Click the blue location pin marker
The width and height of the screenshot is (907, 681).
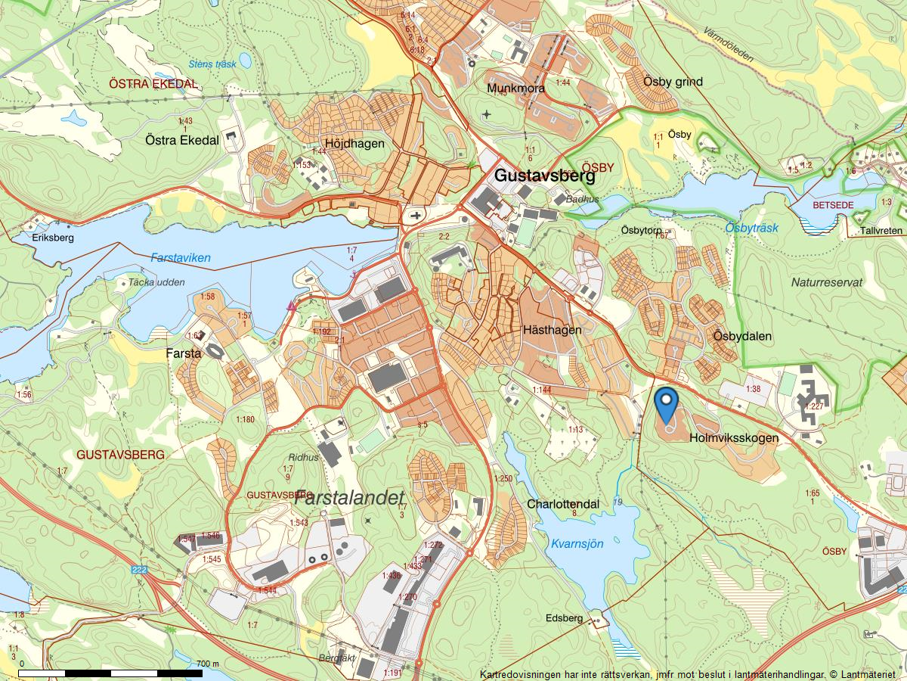(x=666, y=404)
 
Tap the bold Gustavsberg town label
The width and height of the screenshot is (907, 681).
(x=544, y=176)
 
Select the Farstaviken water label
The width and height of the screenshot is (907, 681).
(x=180, y=258)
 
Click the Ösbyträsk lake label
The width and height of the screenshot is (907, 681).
(x=751, y=228)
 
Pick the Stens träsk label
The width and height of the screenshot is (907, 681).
(x=212, y=64)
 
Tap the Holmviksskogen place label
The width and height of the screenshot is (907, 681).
(x=734, y=437)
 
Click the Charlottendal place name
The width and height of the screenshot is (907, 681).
(x=563, y=504)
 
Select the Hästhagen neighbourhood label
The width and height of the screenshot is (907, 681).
(x=552, y=330)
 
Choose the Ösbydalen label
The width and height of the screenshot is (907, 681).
(x=741, y=335)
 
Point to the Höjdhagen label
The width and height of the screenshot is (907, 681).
(x=354, y=143)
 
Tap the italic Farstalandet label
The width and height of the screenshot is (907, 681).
(x=350, y=498)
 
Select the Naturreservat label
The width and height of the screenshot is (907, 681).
(x=827, y=282)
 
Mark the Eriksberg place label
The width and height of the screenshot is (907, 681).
(x=54, y=237)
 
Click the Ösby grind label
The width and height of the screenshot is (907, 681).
(x=673, y=82)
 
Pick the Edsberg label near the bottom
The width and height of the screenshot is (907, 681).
(x=564, y=618)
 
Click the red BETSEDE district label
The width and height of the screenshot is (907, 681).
(x=832, y=205)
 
